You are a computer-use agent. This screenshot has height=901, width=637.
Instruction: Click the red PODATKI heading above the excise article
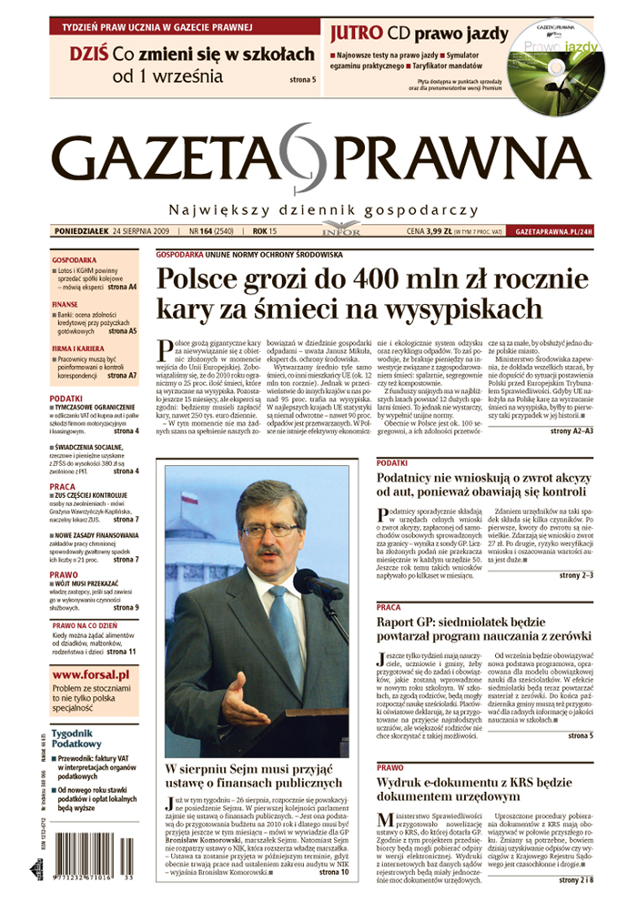(393, 464)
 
